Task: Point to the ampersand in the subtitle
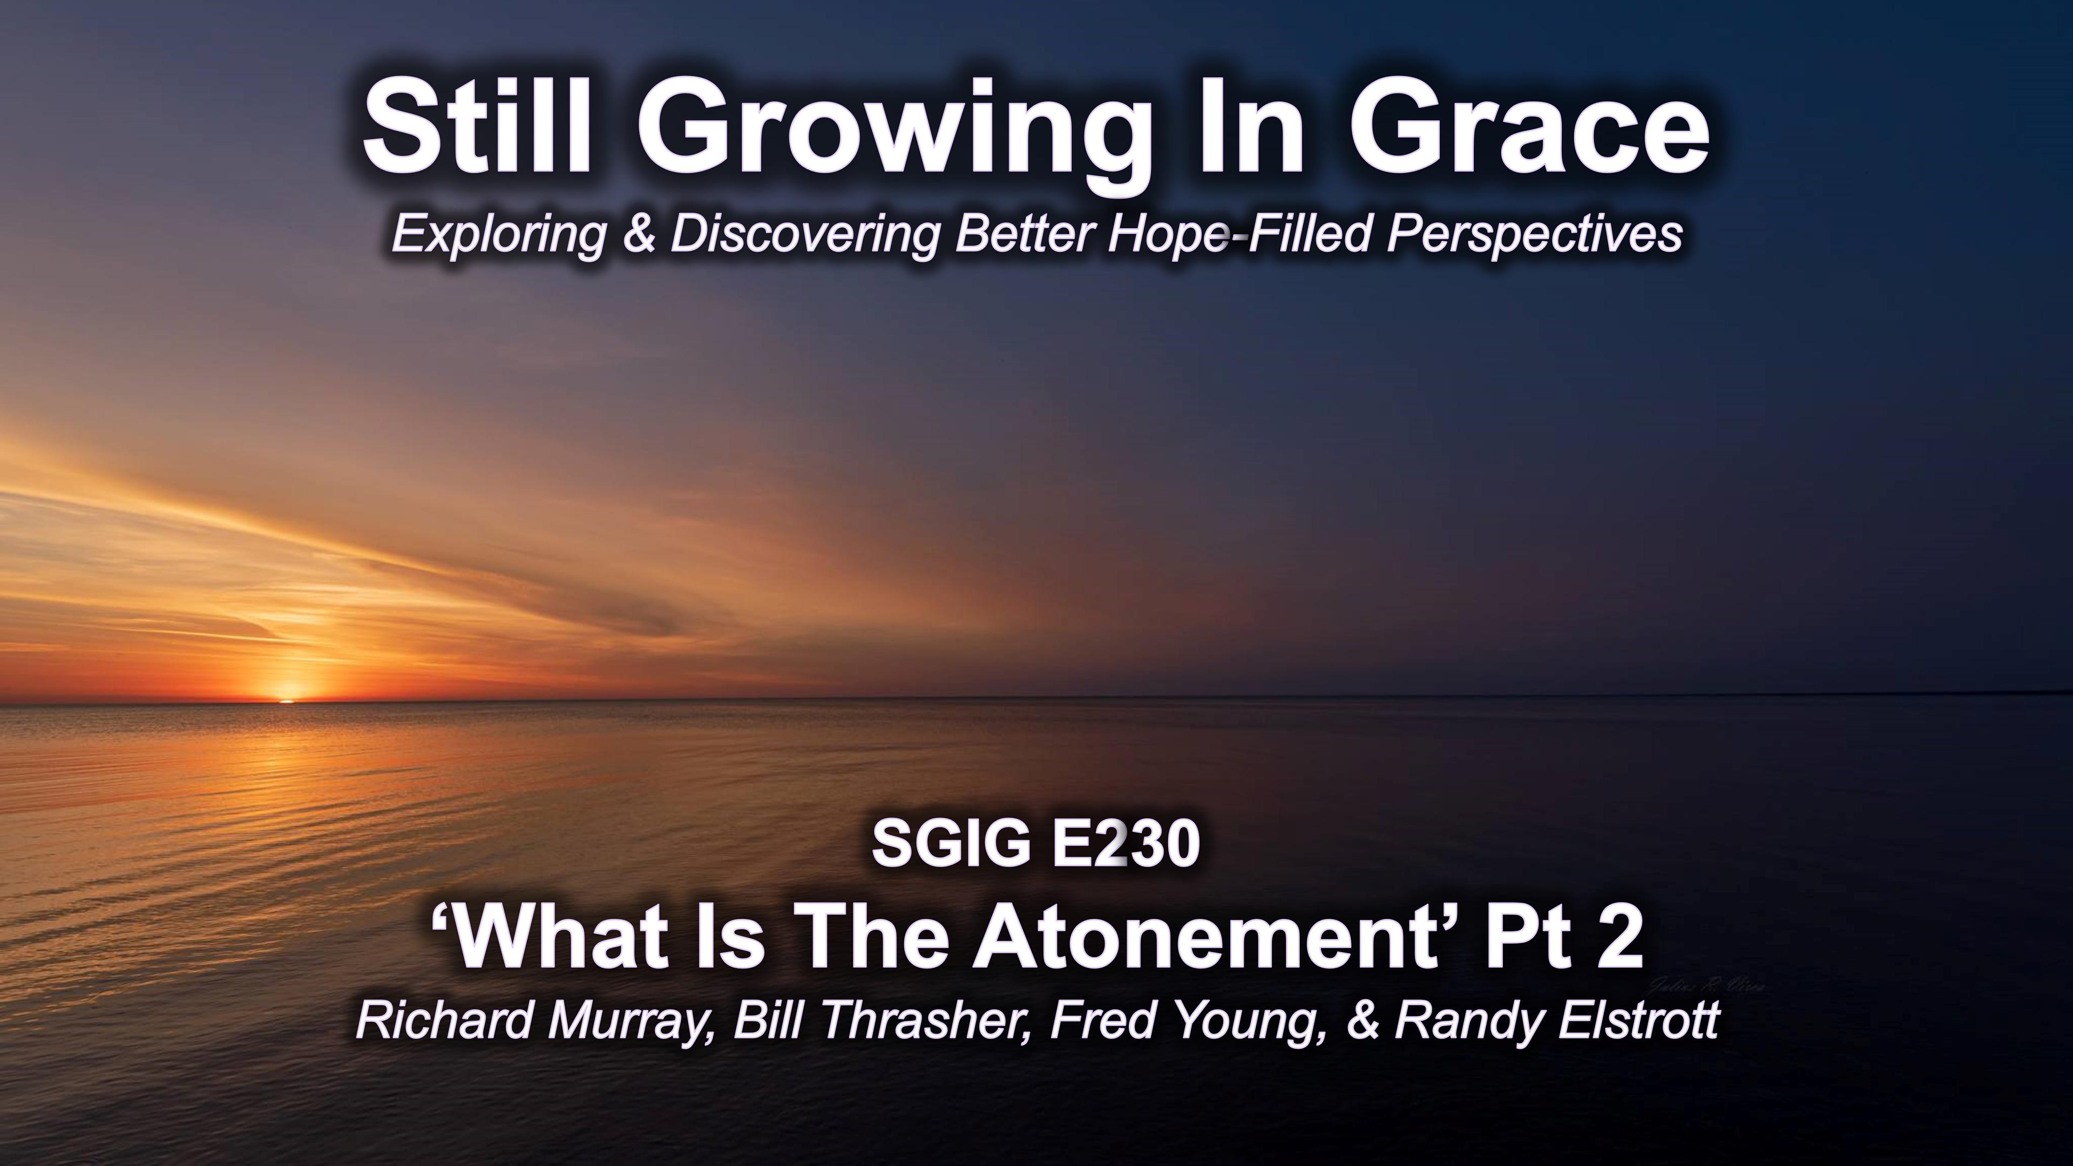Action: (x=640, y=234)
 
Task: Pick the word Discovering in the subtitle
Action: (x=805, y=235)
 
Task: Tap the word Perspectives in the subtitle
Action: (x=1535, y=235)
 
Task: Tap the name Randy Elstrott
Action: (x=1557, y=1020)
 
